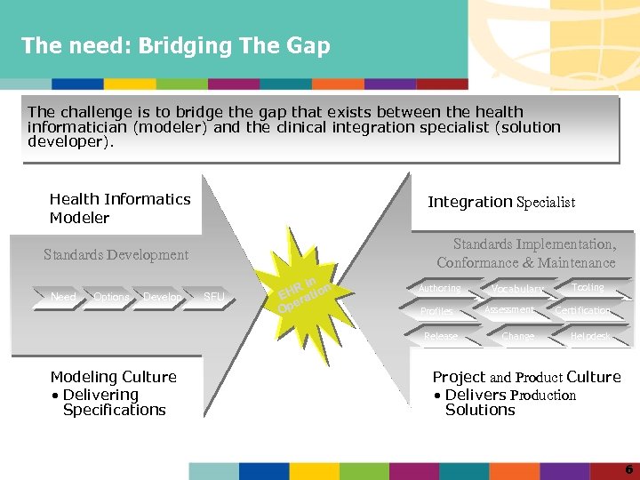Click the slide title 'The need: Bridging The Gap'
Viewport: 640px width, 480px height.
click(x=175, y=45)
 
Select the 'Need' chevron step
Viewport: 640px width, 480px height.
click(x=63, y=297)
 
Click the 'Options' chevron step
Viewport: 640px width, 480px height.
click(x=111, y=297)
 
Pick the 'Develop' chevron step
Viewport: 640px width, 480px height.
click(x=162, y=297)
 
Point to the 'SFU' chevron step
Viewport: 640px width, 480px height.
click(x=213, y=297)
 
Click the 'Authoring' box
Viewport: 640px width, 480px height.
click(x=441, y=289)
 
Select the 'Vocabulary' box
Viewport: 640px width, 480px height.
click(x=516, y=290)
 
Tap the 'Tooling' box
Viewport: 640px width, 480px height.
click(x=588, y=288)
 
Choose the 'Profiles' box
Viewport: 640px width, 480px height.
click(x=437, y=312)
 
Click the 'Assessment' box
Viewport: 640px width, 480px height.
click(x=509, y=310)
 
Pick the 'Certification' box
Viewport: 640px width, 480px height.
click(x=583, y=311)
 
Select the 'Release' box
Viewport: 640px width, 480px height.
click(x=441, y=337)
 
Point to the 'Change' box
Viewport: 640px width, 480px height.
click(x=517, y=337)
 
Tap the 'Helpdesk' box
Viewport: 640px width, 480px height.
click(x=591, y=337)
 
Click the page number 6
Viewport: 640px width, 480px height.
click(x=628, y=468)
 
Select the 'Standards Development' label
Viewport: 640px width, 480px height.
click(x=116, y=255)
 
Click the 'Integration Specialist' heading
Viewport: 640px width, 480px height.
click(x=501, y=202)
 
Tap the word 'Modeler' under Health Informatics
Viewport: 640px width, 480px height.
click(x=79, y=218)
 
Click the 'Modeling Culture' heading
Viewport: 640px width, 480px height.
click(x=113, y=377)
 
